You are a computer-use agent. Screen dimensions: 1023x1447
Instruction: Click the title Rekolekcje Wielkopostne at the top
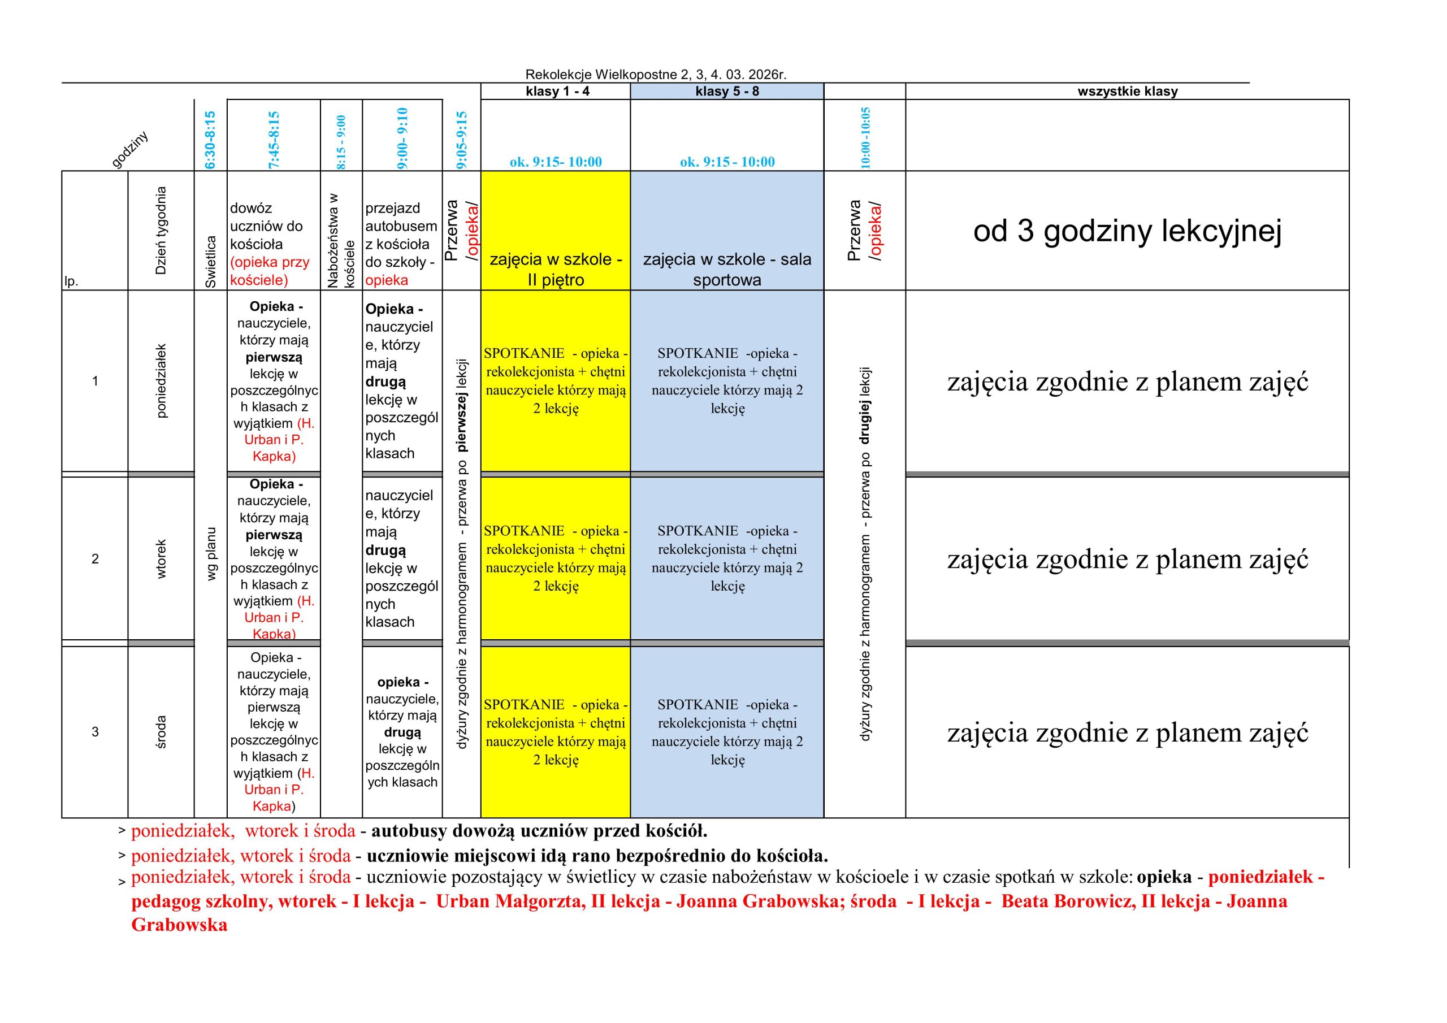[656, 75]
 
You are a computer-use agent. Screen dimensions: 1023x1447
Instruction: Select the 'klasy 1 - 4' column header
[557, 92]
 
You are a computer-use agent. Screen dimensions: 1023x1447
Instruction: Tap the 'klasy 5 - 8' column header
[727, 92]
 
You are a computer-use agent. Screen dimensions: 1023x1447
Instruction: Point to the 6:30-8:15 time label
[210, 140]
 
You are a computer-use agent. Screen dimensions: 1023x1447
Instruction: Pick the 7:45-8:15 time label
[274, 140]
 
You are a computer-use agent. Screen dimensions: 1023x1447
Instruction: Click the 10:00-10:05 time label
[865, 137]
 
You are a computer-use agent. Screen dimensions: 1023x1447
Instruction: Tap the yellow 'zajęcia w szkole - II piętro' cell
[556, 269]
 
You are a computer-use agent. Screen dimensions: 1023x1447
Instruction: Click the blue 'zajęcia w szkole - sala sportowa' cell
[727, 269]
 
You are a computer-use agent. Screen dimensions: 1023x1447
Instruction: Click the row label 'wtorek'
[161, 558]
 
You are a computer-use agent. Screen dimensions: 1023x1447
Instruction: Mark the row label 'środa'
[161, 732]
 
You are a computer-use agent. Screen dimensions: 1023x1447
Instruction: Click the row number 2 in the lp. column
[95, 558]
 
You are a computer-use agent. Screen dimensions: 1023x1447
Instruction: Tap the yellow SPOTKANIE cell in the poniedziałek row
[556, 381]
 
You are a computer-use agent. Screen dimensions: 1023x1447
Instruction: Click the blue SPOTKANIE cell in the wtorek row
[727, 558]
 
